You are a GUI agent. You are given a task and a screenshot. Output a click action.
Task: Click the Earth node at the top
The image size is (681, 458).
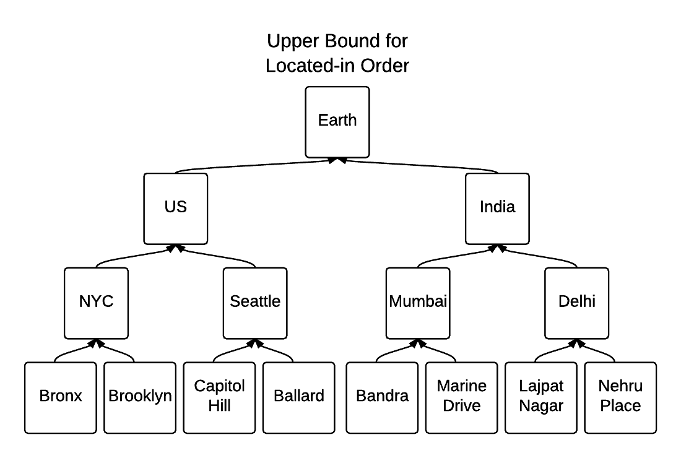[337, 121]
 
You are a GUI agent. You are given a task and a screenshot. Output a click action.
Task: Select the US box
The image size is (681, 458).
[176, 208]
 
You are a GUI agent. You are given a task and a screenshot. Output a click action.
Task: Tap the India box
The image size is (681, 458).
[497, 208]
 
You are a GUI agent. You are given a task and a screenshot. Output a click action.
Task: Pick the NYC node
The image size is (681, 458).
[97, 302]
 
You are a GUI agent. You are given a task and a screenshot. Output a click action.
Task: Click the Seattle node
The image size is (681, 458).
[255, 302]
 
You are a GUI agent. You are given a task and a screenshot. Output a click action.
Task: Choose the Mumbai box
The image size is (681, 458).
[418, 302]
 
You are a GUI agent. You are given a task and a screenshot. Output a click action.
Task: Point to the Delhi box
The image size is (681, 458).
[576, 302]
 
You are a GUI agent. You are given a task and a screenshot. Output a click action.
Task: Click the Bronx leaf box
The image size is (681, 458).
[61, 397]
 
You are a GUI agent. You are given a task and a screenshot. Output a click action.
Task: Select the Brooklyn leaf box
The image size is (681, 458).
[140, 397]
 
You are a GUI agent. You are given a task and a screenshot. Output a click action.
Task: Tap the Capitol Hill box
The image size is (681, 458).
[220, 397]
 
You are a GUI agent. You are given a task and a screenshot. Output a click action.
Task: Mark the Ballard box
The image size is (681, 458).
[299, 397]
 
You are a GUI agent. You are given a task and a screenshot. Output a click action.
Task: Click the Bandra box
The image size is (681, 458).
[382, 397]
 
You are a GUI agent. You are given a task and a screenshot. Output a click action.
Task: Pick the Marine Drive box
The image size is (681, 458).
[462, 397]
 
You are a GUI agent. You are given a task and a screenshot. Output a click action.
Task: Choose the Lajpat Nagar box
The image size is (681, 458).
[541, 397]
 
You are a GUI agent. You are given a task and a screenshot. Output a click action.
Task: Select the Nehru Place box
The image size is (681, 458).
[620, 397]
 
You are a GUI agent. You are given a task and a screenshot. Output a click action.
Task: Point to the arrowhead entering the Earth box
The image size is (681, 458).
[337, 160]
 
